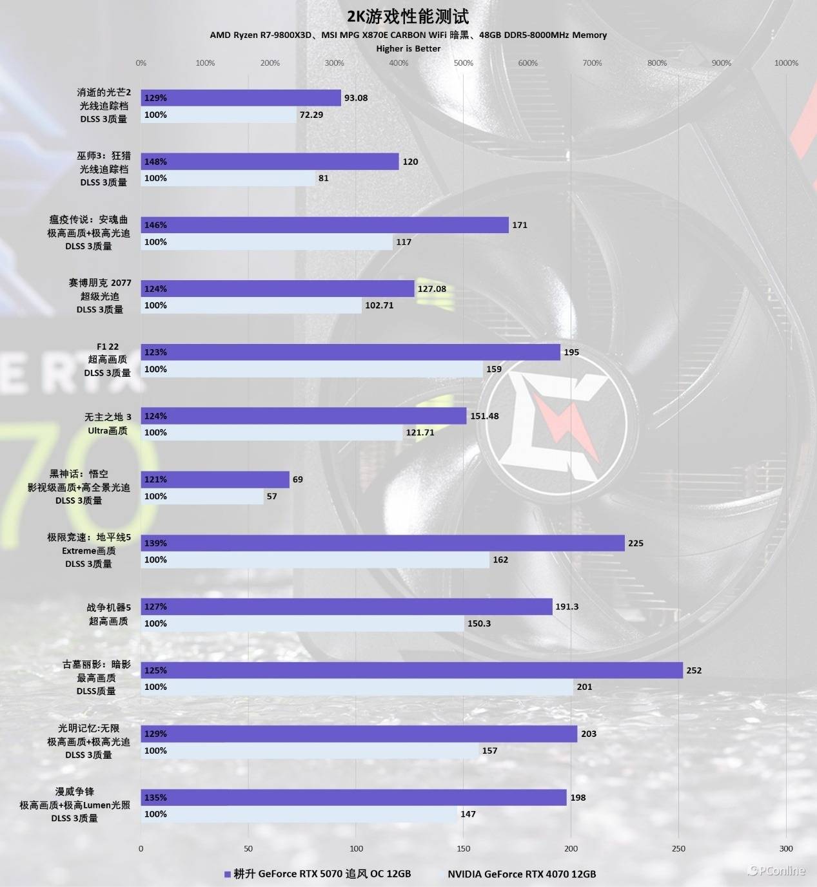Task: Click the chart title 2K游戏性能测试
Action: pos(408,16)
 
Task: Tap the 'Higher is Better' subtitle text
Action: pos(408,48)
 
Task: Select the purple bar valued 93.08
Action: pos(241,98)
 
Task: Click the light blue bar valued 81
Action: pos(228,178)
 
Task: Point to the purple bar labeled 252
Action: pos(411,671)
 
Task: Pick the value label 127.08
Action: pos(431,289)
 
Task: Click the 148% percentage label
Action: pos(155,162)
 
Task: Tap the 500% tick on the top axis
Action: pos(463,63)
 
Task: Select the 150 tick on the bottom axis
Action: pos(463,848)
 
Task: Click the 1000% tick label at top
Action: pos(785,63)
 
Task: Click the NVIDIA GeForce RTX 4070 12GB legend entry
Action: pos(521,874)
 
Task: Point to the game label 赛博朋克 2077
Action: pos(100,283)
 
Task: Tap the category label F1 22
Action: pos(108,347)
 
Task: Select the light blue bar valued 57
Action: pos(202,497)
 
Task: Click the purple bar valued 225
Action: pos(382,543)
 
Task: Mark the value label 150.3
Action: pos(478,624)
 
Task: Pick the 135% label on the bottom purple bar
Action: pos(155,797)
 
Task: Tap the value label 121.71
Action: pos(420,433)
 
